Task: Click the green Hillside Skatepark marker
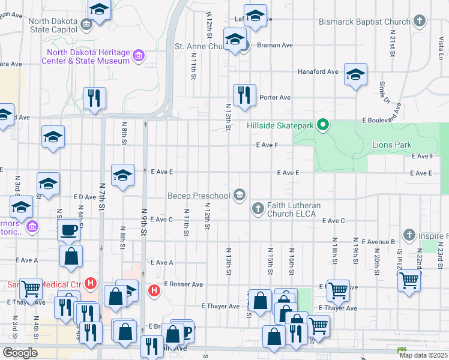point(323,125)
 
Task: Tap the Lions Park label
point(391,145)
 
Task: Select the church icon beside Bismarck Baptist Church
point(420,22)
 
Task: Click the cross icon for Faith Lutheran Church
point(258,209)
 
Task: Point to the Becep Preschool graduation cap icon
point(240,194)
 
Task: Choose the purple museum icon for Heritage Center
point(139,56)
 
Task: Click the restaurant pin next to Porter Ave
point(244,95)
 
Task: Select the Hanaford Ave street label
point(318,71)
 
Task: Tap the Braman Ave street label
point(274,45)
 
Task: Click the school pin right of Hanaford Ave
point(355,74)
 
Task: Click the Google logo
point(20,353)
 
